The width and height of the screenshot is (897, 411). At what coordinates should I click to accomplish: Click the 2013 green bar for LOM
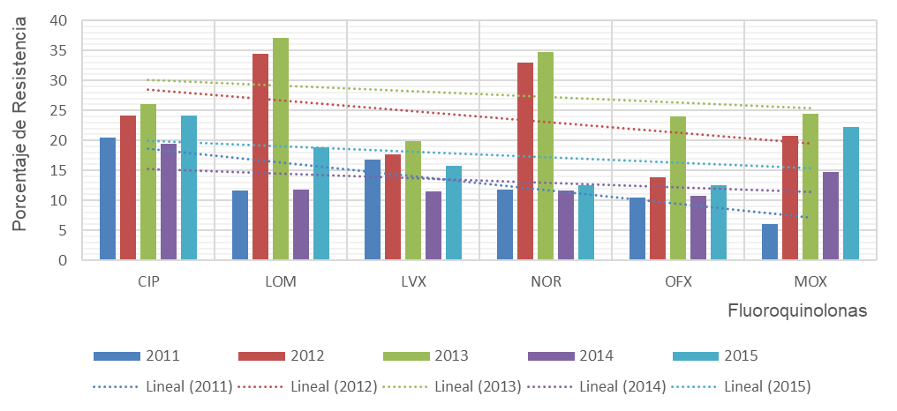click(x=281, y=149)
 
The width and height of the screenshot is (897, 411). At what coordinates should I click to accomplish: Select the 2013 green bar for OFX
click(x=678, y=188)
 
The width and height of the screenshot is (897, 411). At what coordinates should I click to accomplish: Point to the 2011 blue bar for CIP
click(x=108, y=198)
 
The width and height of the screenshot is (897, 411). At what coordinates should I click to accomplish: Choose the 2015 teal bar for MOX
click(x=851, y=193)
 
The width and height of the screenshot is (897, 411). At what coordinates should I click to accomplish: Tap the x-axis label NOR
click(x=546, y=282)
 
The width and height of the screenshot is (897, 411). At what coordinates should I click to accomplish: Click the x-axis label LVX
click(x=413, y=282)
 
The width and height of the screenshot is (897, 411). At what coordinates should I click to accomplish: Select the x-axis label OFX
click(x=678, y=282)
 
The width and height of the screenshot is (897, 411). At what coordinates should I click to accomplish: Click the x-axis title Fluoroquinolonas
click(x=798, y=310)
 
